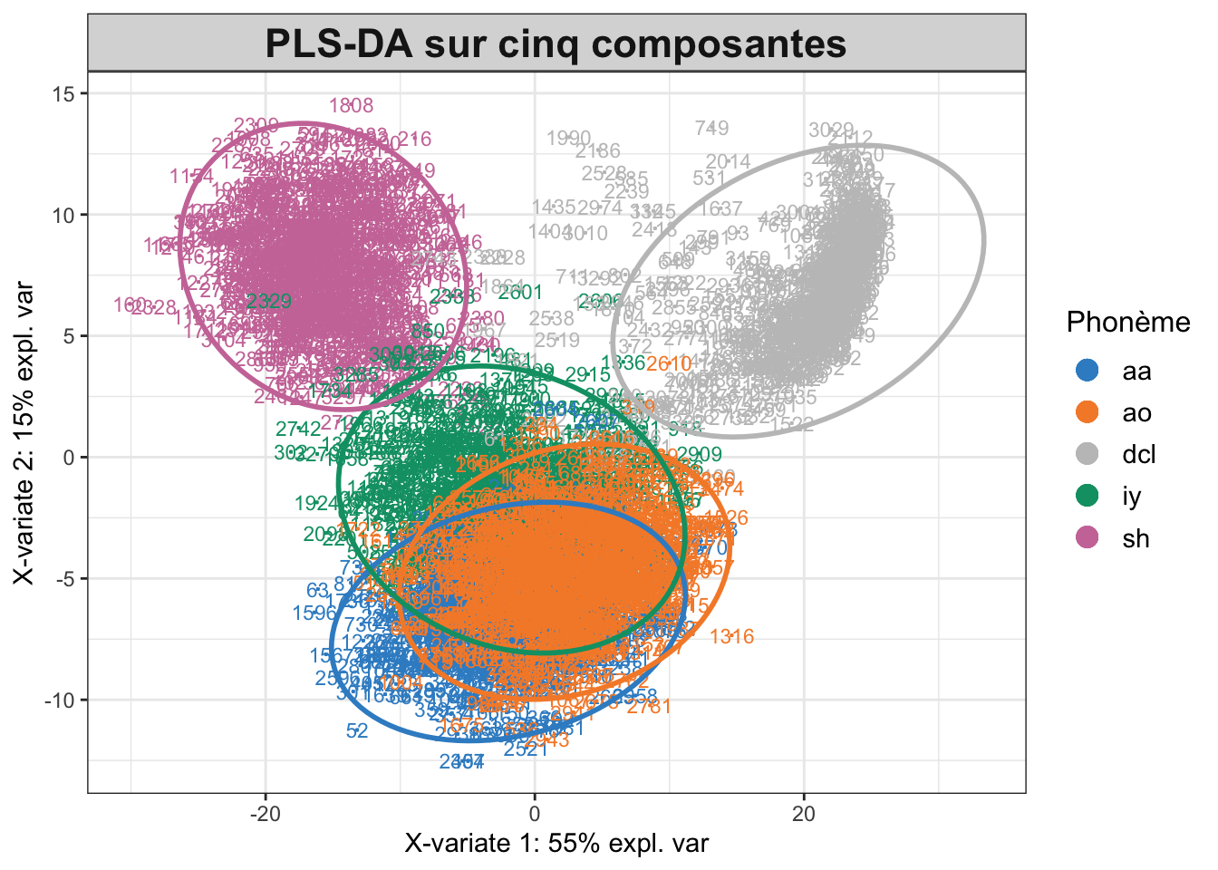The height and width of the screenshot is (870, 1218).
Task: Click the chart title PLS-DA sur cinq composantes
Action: click(x=556, y=43)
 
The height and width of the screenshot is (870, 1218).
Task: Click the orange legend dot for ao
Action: click(x=1086, y=412)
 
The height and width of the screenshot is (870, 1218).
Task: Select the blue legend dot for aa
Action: click(x=1086, y=371)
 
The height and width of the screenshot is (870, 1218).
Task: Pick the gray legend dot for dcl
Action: click(x=1086, y=454)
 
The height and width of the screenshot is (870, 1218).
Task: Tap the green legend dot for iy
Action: click(x=1086, y=496)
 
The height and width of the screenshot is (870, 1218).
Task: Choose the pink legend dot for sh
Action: click(x=1086, y=537)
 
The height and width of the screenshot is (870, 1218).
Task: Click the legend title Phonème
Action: click(x=1128, y=322)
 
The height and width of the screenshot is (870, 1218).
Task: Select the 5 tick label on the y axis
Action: click(x=69, y=336)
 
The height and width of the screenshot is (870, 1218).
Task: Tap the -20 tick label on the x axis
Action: click(x=265, y=813)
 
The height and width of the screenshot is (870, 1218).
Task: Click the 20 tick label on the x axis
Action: click(x=804, y=813)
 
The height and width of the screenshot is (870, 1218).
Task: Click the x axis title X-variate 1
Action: click(x=556, y=844)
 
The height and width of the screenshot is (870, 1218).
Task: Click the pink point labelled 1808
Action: click(x=351, y=106)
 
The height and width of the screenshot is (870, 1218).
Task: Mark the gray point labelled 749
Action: click(x=712, y=128)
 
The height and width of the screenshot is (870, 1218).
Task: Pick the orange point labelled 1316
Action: click(x=732, y=636)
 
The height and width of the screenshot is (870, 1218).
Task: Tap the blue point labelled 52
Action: click(x=357, y=730)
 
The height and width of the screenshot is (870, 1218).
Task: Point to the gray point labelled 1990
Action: click(x=569, y=139)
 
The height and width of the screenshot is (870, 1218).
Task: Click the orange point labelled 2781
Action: click(x=649, y=706)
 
